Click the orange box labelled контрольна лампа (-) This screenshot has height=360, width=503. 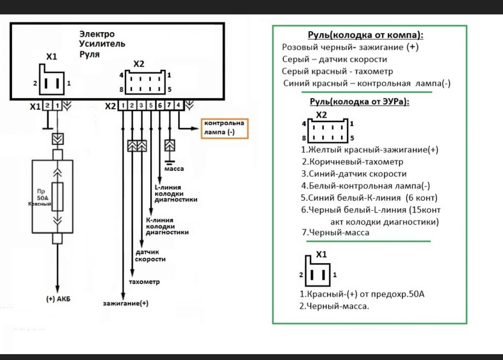pos(224,128)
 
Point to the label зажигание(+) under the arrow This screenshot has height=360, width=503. pos(126,303)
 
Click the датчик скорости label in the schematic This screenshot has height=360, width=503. pos(151,256)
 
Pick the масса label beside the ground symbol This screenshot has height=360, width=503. pos(174,169)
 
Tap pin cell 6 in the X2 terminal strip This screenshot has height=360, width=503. pos(160,106)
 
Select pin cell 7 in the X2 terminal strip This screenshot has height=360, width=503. pos(169,106)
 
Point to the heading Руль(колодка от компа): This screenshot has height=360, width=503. pos(365,35)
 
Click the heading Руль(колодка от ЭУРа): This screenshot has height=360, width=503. pos(359,102)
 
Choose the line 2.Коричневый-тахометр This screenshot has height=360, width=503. pos(352,162)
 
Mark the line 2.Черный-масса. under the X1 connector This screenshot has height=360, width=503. pos(334,306)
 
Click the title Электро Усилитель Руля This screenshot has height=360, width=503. pos(100,44)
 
